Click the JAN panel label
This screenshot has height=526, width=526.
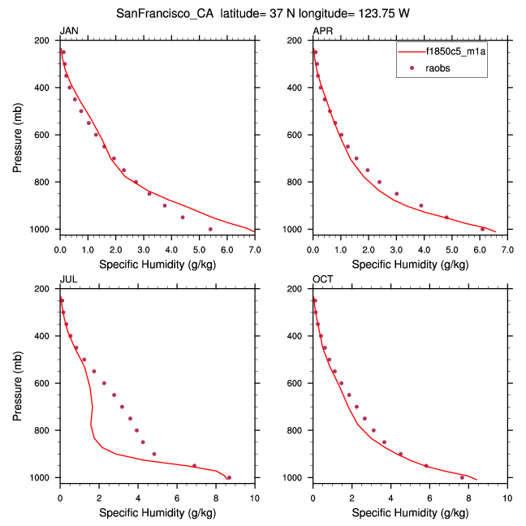pos(67,31)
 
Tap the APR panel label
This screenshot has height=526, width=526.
pos(321,31)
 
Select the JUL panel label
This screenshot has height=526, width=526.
pos(67,280)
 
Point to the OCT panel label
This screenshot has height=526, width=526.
pos(321,280)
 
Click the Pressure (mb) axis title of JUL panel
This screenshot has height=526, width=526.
pos(18,383)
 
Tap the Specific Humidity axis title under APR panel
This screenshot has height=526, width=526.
pos(409,265)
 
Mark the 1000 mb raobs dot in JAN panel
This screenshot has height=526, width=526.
pos(210,229)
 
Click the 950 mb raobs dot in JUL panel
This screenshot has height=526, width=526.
pos(194,466)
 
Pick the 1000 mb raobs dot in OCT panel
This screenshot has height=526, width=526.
pos(462,477)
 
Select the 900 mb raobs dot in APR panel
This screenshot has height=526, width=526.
pos(420,205)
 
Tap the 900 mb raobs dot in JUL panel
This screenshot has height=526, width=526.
pos(154,454)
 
